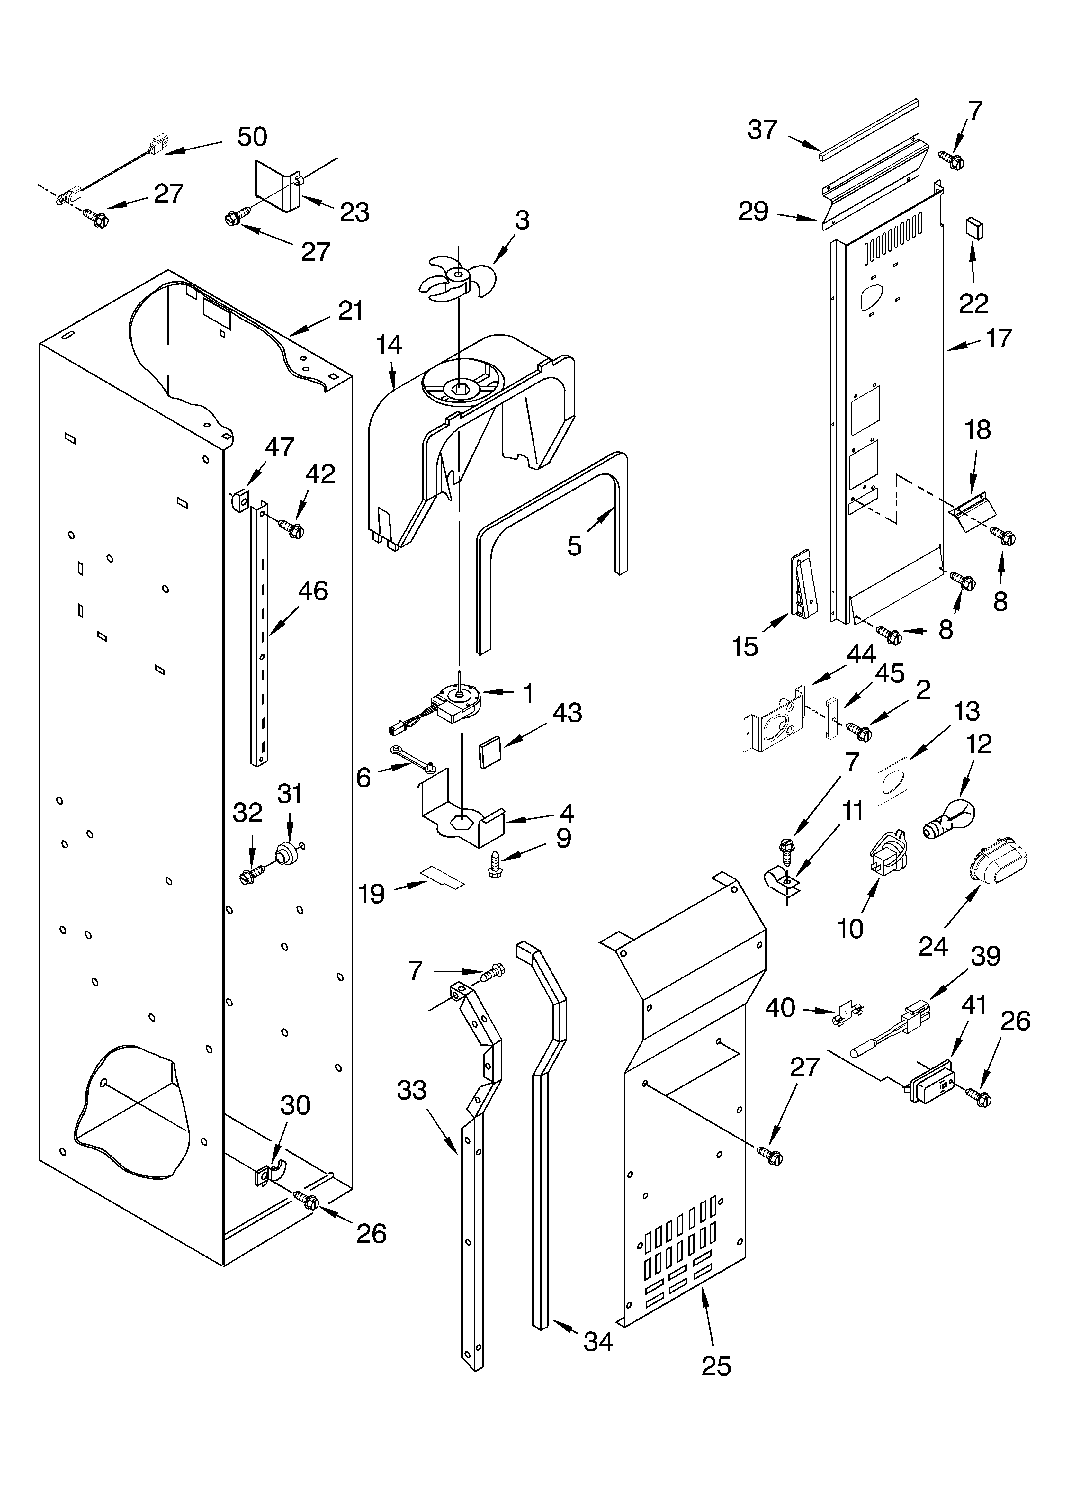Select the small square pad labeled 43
pos(492,752)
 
